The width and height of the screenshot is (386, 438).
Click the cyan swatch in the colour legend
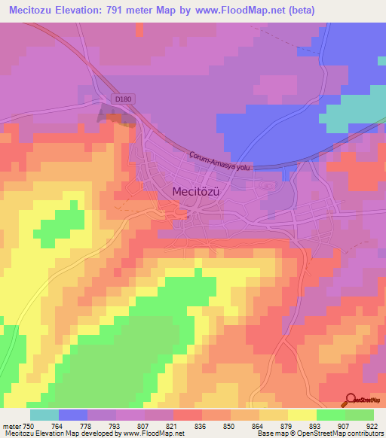(44, 415)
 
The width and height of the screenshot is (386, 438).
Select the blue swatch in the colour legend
(73, 415)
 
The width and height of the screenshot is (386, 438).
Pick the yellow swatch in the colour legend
(302, 415)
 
